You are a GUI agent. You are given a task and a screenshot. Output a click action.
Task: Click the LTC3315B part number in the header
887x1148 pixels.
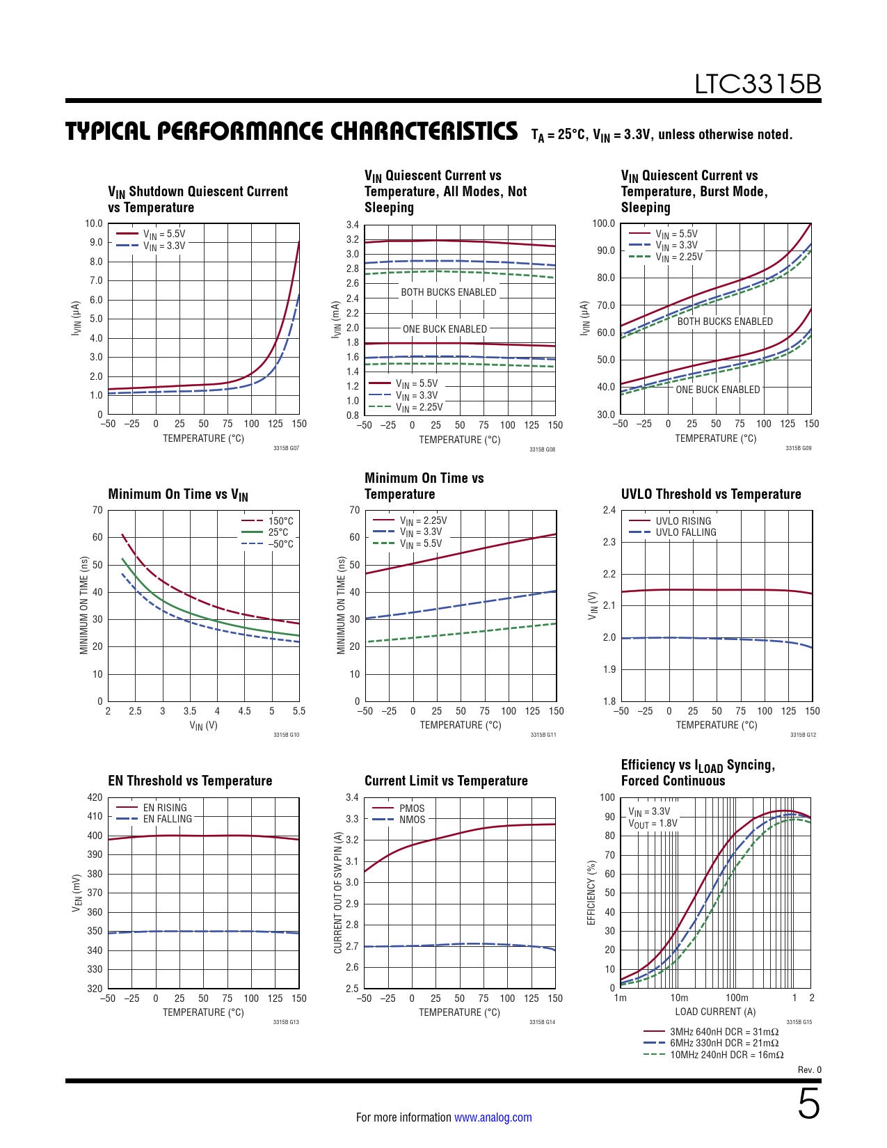click(758, 84)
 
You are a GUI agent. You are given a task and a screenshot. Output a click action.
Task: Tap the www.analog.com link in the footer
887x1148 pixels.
click(493, 1117)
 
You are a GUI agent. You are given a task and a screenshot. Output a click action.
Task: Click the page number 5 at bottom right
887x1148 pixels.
click(808, 1104)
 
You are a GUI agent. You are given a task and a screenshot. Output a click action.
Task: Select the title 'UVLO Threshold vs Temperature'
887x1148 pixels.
click(710, 494)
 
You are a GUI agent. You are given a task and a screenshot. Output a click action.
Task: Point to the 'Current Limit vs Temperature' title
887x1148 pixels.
click(446, 781)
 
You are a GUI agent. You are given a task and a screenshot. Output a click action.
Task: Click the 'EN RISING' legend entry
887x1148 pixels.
click(165, 808)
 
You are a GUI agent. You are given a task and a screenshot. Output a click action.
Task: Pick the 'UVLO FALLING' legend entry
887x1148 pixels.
click(685, 532)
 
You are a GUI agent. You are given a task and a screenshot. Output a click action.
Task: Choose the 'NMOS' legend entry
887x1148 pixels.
click(412, 820)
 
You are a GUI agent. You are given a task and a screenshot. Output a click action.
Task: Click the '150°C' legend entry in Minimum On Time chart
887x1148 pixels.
click(280, 521)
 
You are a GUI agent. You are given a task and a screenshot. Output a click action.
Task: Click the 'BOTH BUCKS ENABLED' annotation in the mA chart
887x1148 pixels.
click(448, 292)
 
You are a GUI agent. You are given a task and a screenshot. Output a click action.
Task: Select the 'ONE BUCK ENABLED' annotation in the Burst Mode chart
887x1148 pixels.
click(717, 390)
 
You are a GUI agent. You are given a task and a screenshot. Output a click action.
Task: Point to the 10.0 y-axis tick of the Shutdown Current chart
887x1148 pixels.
click(94, 223)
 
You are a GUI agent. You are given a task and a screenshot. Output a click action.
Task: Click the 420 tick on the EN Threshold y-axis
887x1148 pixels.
click(95, 797)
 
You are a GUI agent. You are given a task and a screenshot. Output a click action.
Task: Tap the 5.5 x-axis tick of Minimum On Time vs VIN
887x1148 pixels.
click(299, 711)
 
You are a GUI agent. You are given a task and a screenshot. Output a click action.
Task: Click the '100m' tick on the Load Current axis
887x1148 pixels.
click(737, 998)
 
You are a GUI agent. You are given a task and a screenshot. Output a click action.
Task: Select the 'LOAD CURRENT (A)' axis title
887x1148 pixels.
click(715, 1012)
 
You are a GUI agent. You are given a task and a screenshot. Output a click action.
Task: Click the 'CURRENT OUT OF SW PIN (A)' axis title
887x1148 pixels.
click(338, 893)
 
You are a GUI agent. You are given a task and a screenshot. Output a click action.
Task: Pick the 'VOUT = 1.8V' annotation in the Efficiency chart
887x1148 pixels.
click(653, 824)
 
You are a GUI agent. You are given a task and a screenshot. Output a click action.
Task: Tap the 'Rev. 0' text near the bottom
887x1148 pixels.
click(809, 1070)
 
